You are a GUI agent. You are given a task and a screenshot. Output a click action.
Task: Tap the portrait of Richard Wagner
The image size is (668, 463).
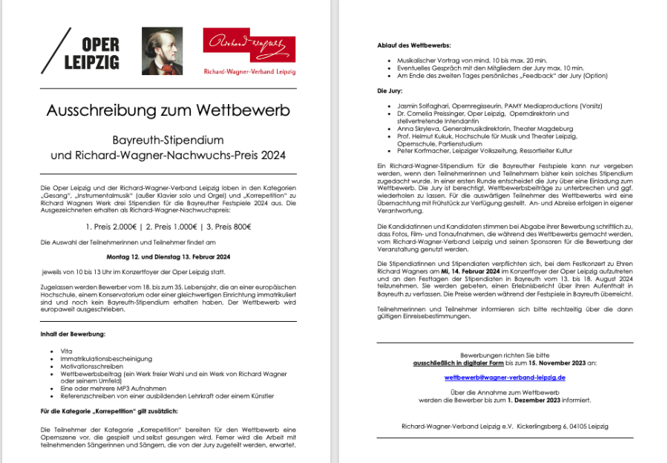(162, 51)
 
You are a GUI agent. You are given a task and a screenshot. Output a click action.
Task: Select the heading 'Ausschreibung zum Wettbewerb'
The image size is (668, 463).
(168, 111)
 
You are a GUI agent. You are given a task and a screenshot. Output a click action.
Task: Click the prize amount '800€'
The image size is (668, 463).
(238, 227)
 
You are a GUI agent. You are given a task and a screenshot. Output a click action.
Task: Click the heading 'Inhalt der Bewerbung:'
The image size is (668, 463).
(73, 334)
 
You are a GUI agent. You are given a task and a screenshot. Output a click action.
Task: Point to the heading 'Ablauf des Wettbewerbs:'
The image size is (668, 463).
(408, 46)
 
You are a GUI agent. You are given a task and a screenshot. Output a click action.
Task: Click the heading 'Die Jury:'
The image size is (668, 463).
(389, 91)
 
